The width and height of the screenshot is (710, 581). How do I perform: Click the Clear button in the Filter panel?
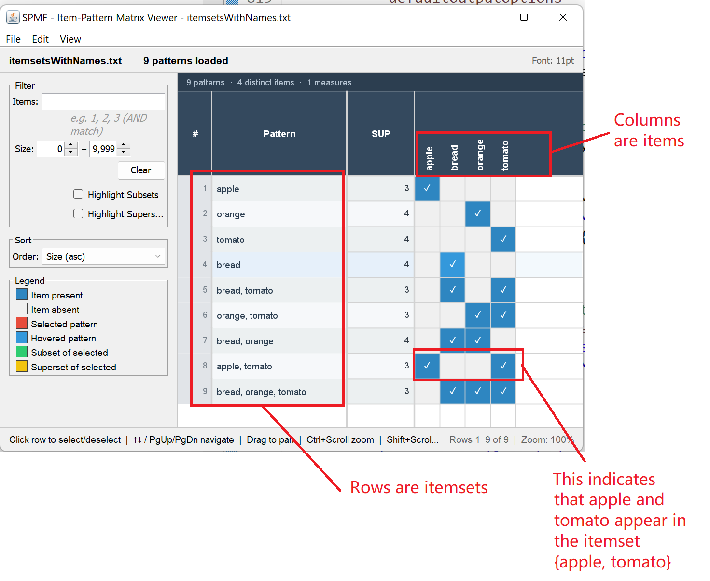[141, 170]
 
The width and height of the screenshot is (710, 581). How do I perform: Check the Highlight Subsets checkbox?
[78, 194]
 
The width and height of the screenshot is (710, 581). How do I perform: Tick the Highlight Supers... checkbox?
[78, 213]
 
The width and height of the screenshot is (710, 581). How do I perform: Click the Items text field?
[103, 101]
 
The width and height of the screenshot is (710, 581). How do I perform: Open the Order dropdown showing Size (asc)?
[104, 256]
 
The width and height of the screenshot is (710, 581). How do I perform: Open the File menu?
[14, 39]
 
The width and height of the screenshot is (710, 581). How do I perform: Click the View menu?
[70, 39]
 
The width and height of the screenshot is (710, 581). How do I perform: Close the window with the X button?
[562, 17]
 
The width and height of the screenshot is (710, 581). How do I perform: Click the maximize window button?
[524, 17]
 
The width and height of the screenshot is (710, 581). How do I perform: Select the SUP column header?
[380, 133]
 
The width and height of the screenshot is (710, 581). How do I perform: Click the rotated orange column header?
[480, 155]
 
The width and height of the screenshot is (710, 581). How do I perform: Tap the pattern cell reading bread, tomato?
[245, 290]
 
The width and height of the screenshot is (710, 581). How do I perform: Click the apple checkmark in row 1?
[427, 188]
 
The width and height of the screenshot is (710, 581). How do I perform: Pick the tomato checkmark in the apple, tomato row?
[502, 365]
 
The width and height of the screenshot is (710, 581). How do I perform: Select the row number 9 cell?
[205, 391]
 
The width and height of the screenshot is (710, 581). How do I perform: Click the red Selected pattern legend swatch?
[22, 323]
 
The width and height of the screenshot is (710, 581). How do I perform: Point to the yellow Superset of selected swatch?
[22, 366]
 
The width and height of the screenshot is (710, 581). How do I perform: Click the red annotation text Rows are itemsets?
[418, 487]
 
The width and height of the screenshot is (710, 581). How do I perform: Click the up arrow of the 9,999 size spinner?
[124, 145]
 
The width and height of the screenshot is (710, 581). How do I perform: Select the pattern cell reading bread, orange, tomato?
[261, 391]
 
